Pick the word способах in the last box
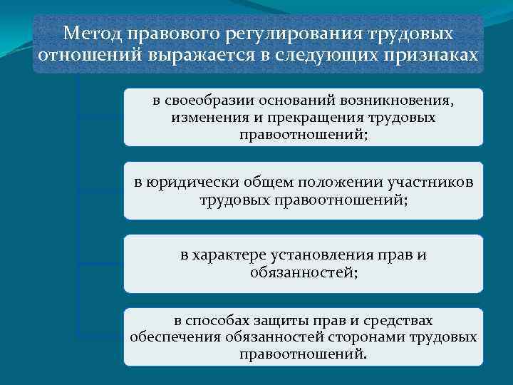click(x=223, y=321)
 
